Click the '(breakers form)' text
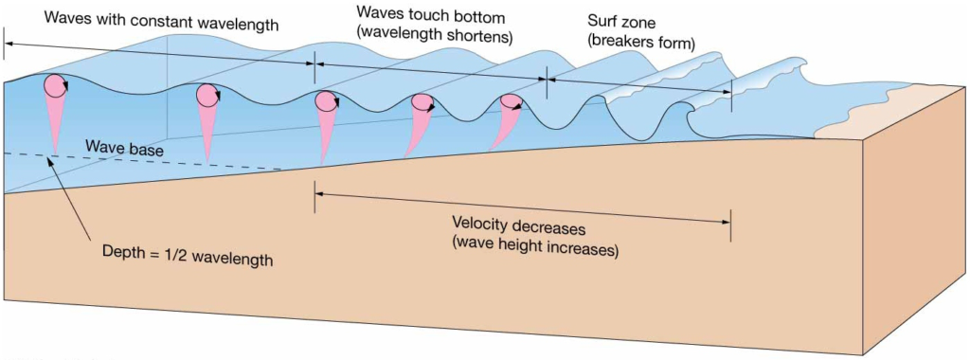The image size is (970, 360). [641, 42]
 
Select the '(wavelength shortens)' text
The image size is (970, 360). [435, 37]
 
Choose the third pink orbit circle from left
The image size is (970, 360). [326, 101]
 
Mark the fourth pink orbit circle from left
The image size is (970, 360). [422, 103]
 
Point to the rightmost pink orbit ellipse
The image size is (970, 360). [512, 102]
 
